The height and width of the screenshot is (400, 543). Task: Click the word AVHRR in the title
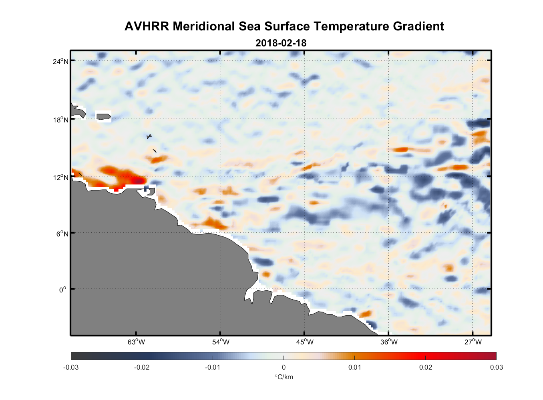click(147, 26)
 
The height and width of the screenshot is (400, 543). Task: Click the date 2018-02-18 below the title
click(281, 43)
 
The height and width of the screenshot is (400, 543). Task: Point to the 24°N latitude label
click(61, 61)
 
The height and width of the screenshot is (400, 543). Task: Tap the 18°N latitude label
click(61, 120)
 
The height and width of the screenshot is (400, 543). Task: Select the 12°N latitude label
click(61, 177)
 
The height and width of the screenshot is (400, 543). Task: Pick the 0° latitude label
click(63, 290)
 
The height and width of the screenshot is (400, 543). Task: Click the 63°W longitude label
click(136, 342)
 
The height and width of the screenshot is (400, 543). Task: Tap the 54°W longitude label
click(221, 342)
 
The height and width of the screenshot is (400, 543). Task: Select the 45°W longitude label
click(305, 342)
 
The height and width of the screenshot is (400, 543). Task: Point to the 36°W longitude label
click(389, 342)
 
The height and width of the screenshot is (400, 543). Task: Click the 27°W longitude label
click(473, 342)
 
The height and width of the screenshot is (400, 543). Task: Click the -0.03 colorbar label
click(71, 368)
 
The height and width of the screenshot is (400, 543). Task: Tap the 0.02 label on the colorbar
click(426, 368)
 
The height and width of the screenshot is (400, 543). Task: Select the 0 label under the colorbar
click(284, 368)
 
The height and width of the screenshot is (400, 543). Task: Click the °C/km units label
click(284, 377)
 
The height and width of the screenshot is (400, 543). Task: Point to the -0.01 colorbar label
click(213, 368)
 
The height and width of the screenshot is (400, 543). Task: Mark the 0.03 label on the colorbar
click(496, 368)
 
